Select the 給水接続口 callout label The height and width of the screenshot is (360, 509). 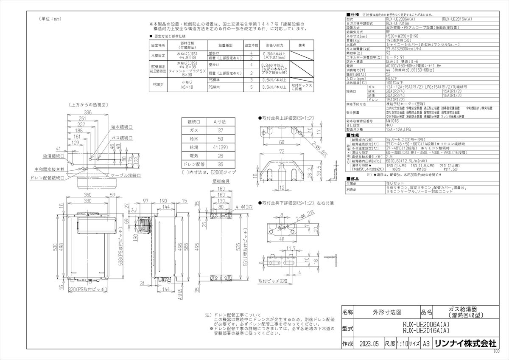121,127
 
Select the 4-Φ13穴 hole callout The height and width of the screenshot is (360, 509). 244,207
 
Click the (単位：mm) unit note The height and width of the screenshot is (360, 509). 50,19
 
